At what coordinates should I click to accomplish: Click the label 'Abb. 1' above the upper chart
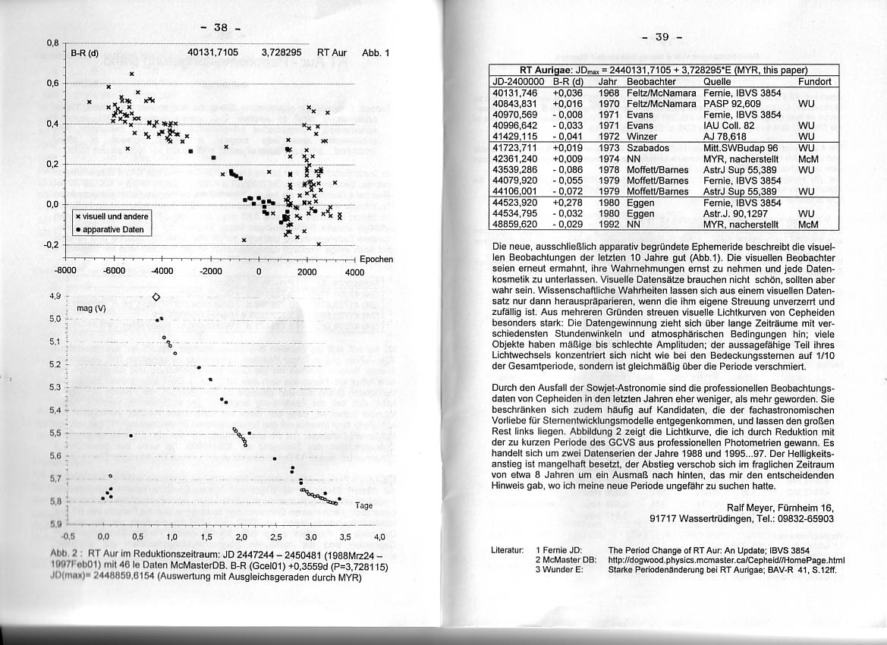click(376, 53)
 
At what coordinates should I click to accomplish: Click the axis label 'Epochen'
click(376, 259)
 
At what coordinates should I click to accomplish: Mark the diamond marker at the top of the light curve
click(156, 297)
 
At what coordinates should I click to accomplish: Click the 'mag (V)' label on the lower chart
click(92, 309)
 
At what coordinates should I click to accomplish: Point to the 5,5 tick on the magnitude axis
click(55, 433)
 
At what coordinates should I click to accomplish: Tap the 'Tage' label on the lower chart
click(364, 505)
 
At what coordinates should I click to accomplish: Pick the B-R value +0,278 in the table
click(567, 203)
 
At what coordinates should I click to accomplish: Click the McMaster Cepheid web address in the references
click(726, 561)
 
